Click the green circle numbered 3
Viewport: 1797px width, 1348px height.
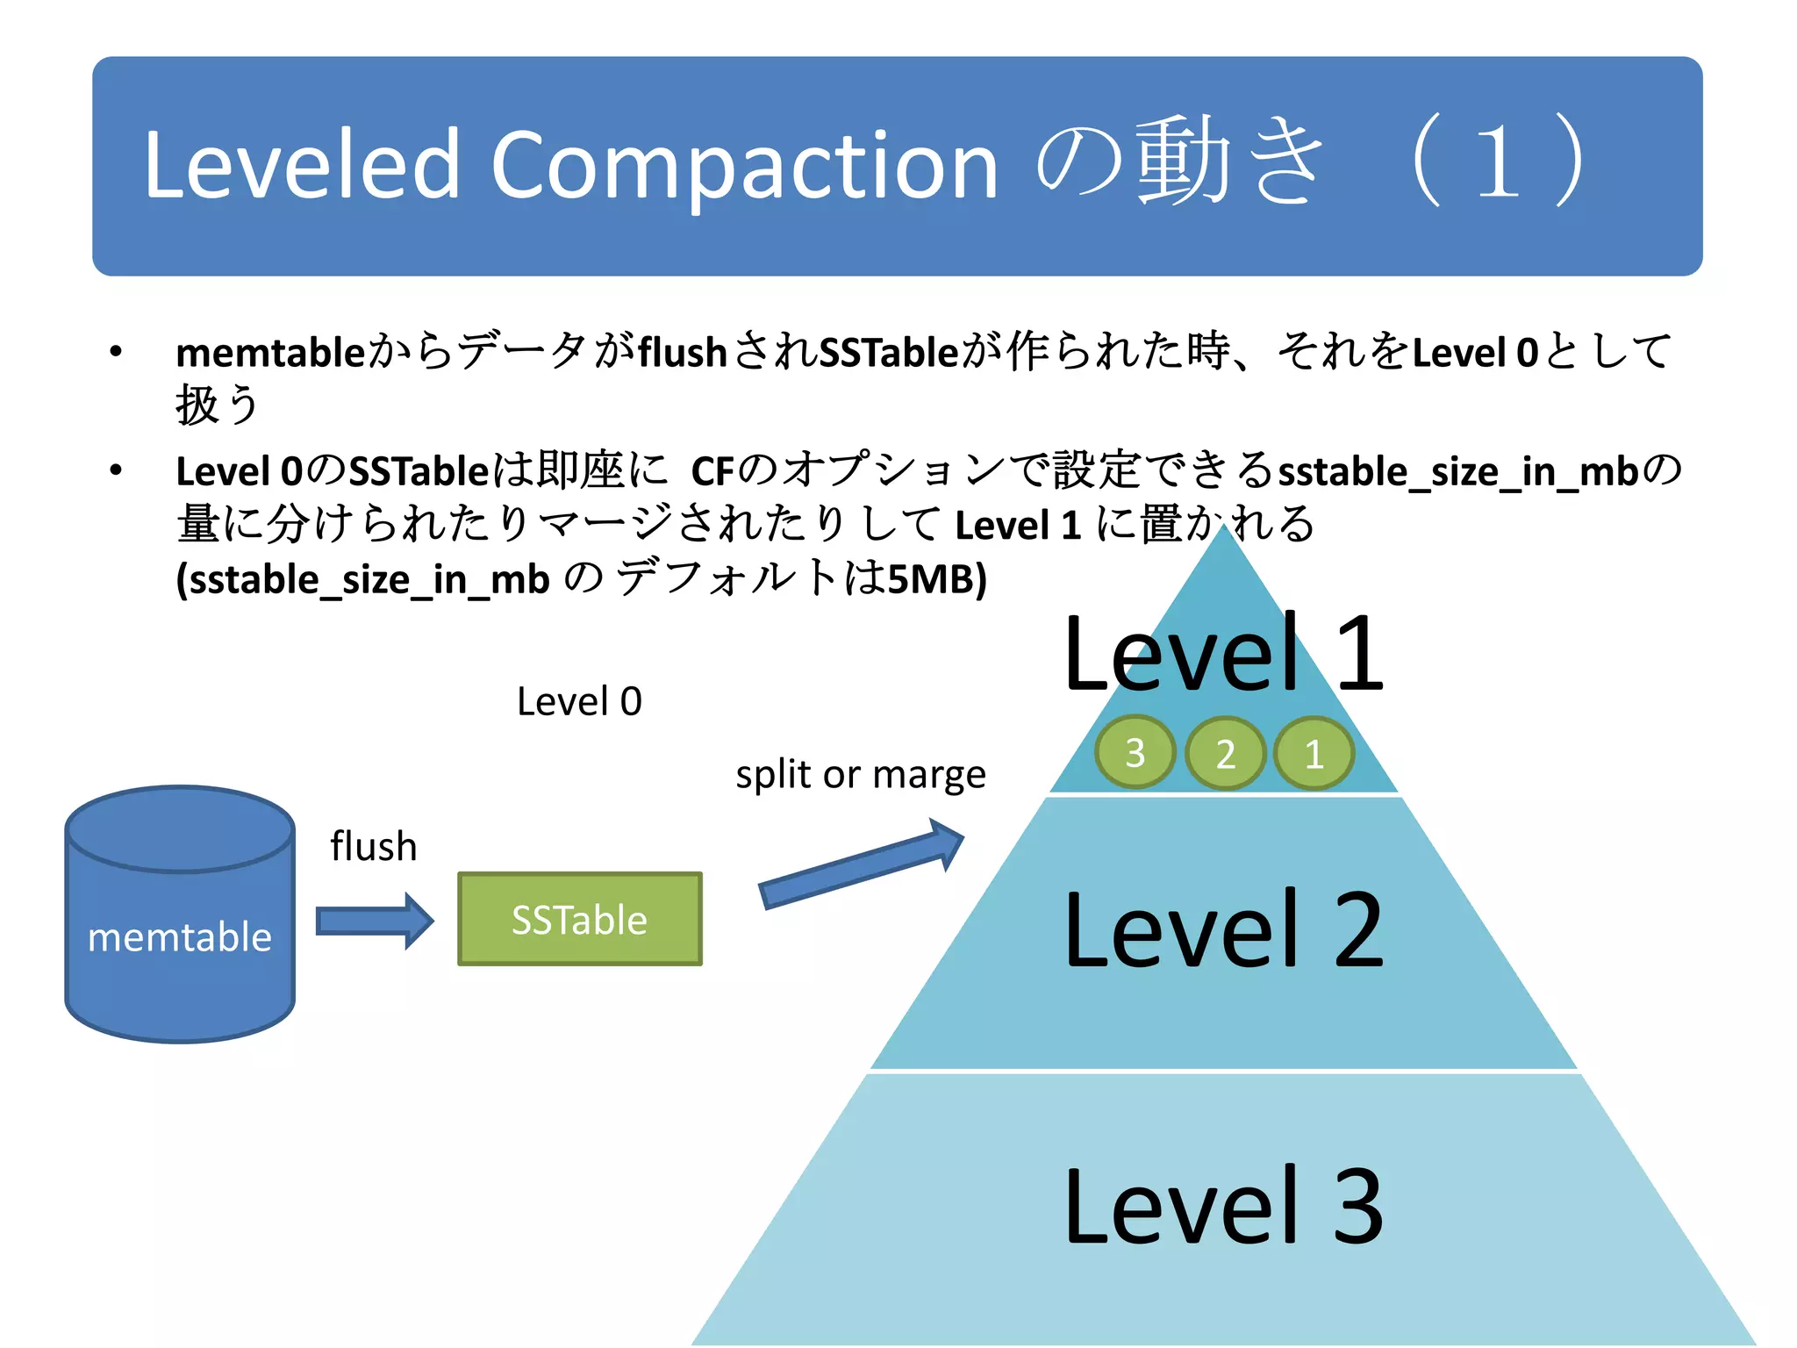point(1135,752)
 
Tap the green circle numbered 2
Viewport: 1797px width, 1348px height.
point(1225,753)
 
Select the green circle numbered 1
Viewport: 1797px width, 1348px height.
point(1314,753)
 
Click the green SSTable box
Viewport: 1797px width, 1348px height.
point(580,919)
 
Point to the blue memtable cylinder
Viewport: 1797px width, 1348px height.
point(180,914)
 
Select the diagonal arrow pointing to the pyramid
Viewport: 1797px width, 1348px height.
point(861,864)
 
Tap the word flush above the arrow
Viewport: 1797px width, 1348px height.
point(374,846)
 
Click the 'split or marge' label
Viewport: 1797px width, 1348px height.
point(861,774)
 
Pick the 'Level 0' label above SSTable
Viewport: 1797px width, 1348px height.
point(580,701)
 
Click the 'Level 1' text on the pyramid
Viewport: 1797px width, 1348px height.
point(1223,654)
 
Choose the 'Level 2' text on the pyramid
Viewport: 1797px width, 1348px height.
point(1223,929)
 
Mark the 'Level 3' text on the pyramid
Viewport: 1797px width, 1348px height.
point(1223,1207)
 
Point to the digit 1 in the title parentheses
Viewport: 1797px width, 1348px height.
point(1497,163)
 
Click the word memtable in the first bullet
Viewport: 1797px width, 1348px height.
point(270,353)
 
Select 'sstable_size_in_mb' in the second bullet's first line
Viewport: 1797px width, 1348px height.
point(1458,471)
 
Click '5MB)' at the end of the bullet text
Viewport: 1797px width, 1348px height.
point(937,579)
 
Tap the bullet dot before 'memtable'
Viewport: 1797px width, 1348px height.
point(116,353)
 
